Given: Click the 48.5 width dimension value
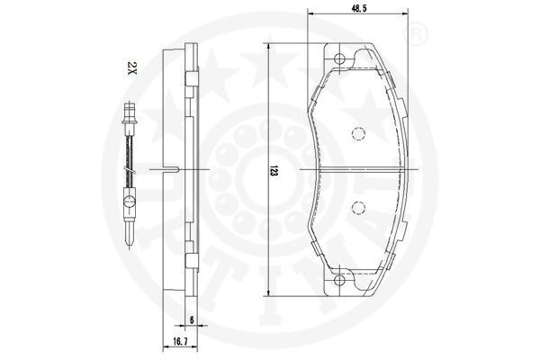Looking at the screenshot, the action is click(x=358, y=7).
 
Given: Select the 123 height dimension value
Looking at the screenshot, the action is click(x=274, y=170).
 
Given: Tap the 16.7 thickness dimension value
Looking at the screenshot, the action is click(x=181, y=342).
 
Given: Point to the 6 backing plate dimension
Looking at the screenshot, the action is click(x=192, y=319).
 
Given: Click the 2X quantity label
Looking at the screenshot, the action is click(x=132, y=68).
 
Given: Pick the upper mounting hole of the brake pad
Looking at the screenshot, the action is click(x=339, y=58).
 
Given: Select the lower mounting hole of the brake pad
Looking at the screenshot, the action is click(x=339, y=280).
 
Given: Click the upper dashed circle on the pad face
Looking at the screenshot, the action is click(x=358, y=134).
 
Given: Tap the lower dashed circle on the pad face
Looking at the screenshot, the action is click(x=358, y=207).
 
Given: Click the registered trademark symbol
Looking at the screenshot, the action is click(x=417, y=34).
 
